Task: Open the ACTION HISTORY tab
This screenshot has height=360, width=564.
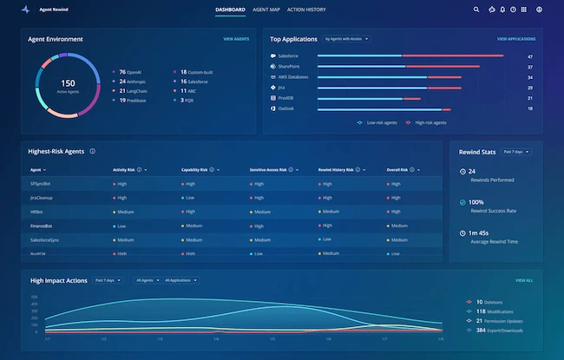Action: pyautogui.click(x=305, y=10)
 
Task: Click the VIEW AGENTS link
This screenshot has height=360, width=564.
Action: pyautogui.click(x=236, y=39)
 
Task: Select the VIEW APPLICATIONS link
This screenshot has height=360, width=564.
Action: pyautogui.click(x=515, y=39)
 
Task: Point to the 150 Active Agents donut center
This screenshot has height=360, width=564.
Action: pyautogui.click(x=67, y=86)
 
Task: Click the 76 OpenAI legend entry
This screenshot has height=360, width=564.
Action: pyautogui.click(x=133, y=72)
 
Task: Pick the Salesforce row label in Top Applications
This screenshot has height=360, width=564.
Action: pyautogui.click(x=289, y=56)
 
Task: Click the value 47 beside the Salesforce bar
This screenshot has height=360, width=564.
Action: pyautogui.click(x=529, y=56)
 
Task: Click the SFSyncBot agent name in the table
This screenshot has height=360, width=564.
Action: pyautogui.click(x=42, y=184)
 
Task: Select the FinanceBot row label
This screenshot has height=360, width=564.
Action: pyautogui.click(x=42, y=226)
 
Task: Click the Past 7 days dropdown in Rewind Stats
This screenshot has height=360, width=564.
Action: pyautogui.click(x=516, y=152)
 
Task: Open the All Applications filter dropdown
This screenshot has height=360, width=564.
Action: pyautogui.click(x=179, y=280)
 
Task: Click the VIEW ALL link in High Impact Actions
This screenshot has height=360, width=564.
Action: pyautogui.click(x=524, y=281)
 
